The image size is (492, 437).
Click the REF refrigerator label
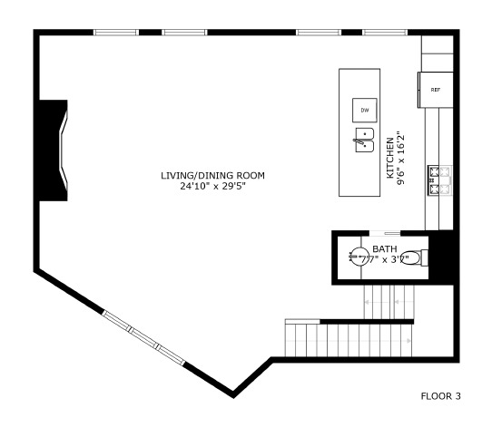435,90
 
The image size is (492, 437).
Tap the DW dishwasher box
365,110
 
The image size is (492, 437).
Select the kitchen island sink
363,141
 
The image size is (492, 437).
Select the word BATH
384,248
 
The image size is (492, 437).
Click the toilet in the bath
412,257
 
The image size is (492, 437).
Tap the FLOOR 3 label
441,395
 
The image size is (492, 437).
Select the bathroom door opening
385,233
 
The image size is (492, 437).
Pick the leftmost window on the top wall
115,34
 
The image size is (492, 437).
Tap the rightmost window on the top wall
384,34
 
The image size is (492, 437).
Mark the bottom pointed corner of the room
234,394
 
